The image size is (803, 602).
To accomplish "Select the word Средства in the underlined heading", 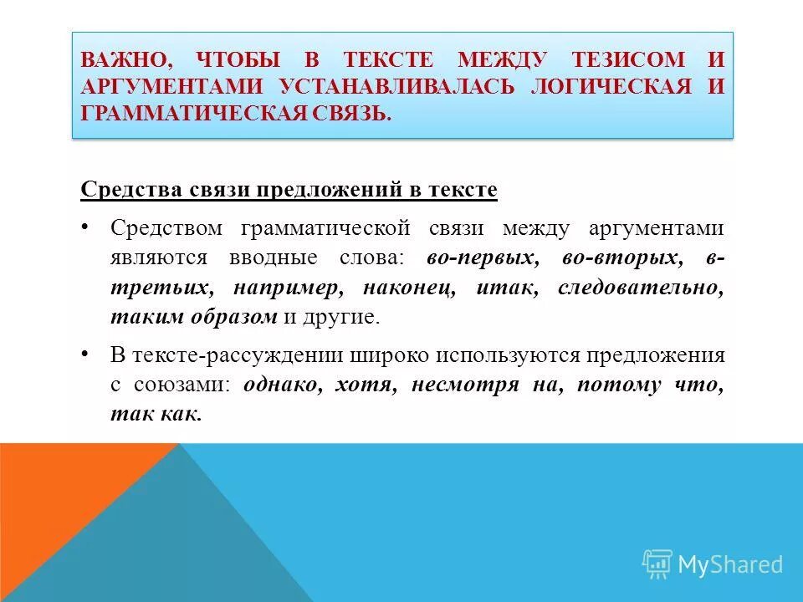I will [x=125, y=190].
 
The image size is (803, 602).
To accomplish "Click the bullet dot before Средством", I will [x=87, y=227].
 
